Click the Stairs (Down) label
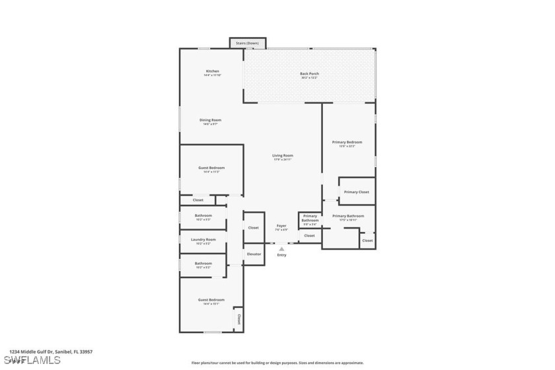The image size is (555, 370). (248, 44)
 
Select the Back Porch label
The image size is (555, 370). (309, 73)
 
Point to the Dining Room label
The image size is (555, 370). (210, 120)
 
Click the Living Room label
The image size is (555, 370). (282, 155)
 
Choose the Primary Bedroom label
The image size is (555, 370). (347, 142)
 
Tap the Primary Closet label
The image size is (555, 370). (356, 192)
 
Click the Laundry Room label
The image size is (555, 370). (203, 239)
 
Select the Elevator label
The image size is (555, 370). (254, 254)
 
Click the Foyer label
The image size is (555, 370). (281, 226)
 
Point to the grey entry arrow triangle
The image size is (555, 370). (281, 248)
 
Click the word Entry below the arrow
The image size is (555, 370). (281, 255)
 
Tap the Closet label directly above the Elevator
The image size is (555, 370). (254, 227)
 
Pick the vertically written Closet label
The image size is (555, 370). (238, 319)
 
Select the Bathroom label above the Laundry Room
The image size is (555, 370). (203, 215)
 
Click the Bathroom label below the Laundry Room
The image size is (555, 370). (203, 263)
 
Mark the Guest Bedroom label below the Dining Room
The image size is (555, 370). (211, 168)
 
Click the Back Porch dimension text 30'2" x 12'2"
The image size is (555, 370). (309, 78)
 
